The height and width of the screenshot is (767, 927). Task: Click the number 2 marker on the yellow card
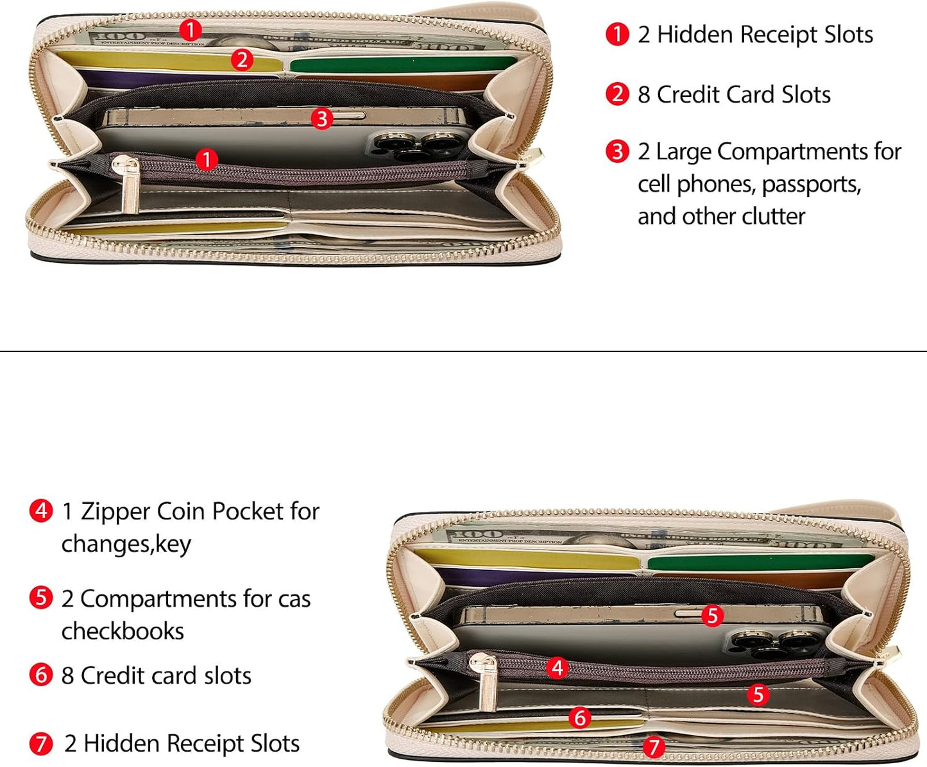[242, 60]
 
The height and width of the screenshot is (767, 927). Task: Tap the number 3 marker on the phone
[322, 119]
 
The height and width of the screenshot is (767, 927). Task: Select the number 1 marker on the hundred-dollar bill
[191, 30]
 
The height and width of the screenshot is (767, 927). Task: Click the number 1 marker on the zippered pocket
[207, 160]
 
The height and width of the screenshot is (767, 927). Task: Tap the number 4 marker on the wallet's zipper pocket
[557, 668]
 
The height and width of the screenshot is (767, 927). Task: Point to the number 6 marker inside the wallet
[580, 718]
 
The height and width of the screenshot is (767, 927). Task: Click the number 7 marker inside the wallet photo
[654, 747]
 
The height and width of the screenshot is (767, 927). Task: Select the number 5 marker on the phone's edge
[713, 616]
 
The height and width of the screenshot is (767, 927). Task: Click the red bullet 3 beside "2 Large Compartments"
[617, 151]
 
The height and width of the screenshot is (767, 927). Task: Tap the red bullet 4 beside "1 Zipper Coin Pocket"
[41, 511]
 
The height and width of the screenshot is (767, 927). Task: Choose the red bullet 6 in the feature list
[41, 675]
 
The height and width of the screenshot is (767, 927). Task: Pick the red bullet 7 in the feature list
[41, 744]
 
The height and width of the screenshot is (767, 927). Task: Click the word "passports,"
[812, 185]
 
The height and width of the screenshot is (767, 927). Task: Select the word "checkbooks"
[123, 631]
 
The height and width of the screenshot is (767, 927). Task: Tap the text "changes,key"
[126, 544]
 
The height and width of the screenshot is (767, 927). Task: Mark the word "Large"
[684, 153]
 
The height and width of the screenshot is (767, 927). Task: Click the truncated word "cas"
[294, 599]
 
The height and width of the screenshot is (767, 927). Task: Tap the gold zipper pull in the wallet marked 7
[487, 681]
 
